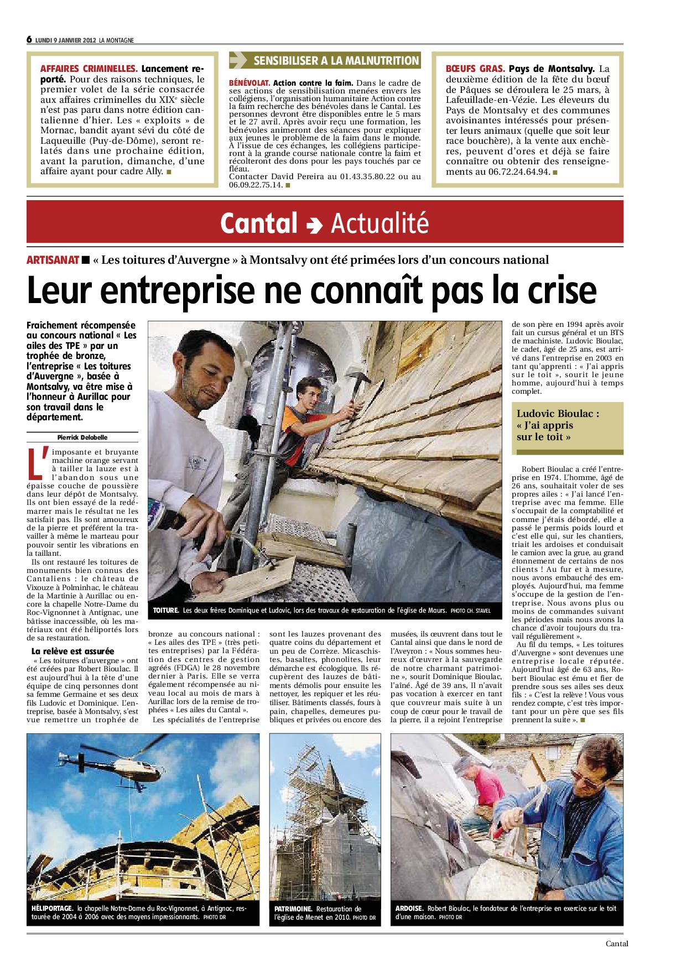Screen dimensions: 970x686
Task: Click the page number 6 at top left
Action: pos(29,39)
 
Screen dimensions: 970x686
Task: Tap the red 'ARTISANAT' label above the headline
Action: pos(53,260)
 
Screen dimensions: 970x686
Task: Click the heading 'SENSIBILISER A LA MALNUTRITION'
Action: pos(335,61)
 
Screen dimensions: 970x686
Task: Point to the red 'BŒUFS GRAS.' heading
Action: pos(475,69)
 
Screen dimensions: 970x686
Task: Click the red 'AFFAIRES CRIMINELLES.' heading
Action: pos(89,69)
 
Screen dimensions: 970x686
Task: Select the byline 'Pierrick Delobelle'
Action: pos(83,437)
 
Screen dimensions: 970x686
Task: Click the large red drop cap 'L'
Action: pos(35,462)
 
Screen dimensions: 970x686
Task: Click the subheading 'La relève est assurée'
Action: pos(73,651)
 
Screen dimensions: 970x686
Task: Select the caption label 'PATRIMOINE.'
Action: pos(293,909)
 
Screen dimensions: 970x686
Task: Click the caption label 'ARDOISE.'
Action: pos(410,908)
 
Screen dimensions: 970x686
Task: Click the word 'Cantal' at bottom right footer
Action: pos(616,945)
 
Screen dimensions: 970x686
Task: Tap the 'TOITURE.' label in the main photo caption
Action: pos(167,611)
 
